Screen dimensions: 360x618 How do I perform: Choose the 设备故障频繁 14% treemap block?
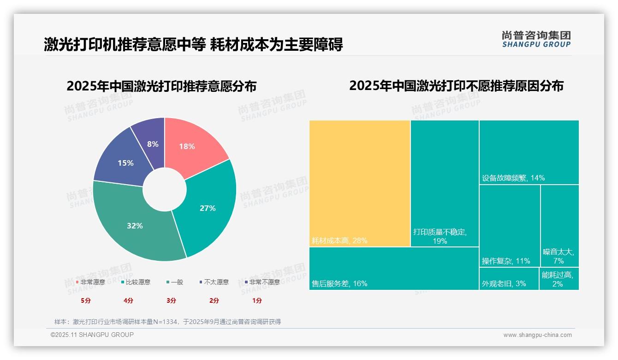[529, 152]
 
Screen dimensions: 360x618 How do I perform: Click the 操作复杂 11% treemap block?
[509, 226]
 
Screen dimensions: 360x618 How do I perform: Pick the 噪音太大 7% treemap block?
[559, 226]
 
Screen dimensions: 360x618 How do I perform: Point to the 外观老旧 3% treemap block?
[509, 279]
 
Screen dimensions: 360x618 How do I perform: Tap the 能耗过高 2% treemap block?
[559, 279]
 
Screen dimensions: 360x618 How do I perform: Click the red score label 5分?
[86, 300]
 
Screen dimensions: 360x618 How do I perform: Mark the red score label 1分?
[257, 300]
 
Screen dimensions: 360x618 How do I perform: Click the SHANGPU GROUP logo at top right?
[536, 39]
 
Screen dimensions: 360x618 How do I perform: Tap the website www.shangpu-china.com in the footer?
[537, 335]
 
